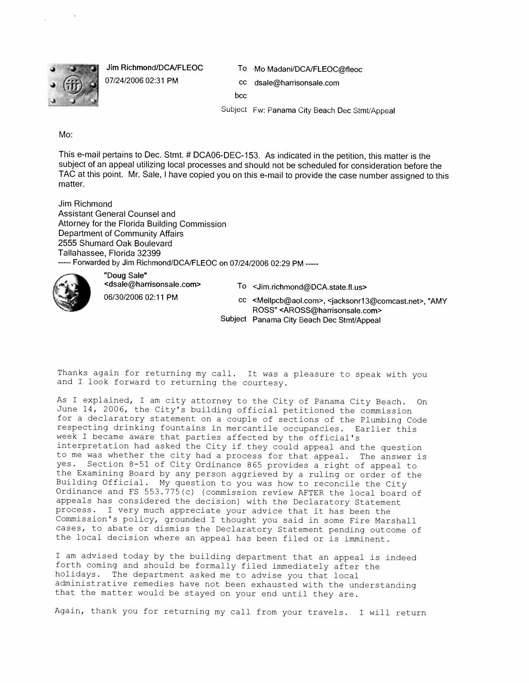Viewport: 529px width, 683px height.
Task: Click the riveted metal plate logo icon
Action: pos(73,85)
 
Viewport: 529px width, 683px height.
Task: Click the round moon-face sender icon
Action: pos(71,292)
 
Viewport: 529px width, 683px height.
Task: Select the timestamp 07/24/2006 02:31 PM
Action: pos(142,80)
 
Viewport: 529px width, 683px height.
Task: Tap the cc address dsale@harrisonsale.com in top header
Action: pos(296,83)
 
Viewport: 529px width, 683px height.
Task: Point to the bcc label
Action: pos(241,96)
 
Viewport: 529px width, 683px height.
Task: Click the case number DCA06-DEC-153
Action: pos(226,156)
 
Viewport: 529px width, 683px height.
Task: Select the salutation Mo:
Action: pos(66,135)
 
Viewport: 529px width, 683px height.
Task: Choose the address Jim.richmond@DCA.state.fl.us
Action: pos(310,287)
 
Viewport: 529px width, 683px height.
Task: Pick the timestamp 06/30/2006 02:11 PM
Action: pos(141,297)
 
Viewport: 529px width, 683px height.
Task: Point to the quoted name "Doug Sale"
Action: pos(126,275)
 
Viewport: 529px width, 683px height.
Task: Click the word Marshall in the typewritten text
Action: pos(395,520)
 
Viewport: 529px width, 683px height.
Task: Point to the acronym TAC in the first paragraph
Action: pos(67,174)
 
